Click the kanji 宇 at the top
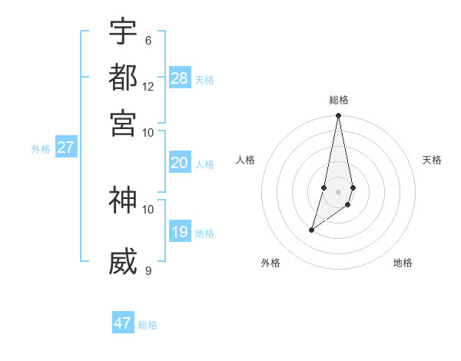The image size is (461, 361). click(x=123, y=32)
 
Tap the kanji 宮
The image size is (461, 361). click(x=123, y=123)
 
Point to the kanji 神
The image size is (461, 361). click(x=123, y=200)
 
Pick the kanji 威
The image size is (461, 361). click(x=123, y=262)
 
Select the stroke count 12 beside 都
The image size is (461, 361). click(x=148, y=86)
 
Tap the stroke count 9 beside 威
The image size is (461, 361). click(x=148, y=270)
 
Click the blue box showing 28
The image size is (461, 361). click(x=180, y=78)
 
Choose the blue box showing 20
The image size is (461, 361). click(x=180, y=163)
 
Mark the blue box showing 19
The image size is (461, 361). click(x=180, y=232)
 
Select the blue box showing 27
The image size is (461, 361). click(x=65, y=147)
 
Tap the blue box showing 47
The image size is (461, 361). click(x=123, y=323)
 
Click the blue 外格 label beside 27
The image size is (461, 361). click(x=41, y=149)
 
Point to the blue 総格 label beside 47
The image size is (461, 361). click(x=148, y=325)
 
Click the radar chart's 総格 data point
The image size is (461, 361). click(x=338, y=116)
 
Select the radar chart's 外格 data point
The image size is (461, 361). click(x=311, y=230)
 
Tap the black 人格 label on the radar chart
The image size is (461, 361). click(x=246, y=160)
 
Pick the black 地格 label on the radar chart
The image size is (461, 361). click(x=403, y=263)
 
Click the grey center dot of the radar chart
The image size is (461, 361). click(x=338, y=192)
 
